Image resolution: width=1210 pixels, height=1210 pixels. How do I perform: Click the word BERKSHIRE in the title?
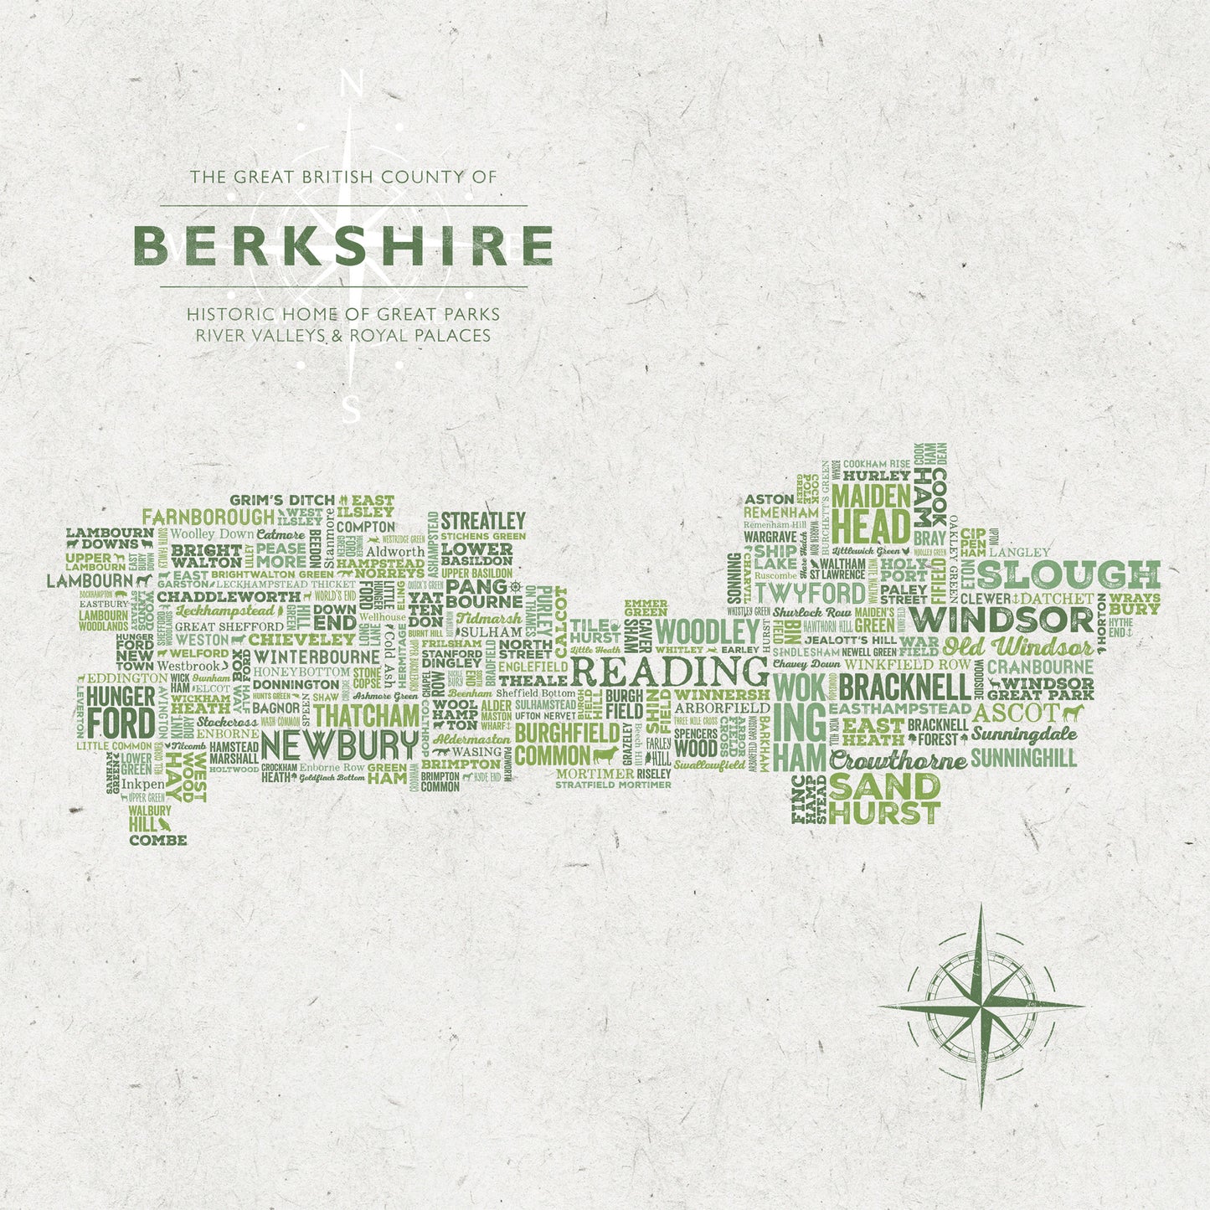pyautogui.click(x=342, y=245)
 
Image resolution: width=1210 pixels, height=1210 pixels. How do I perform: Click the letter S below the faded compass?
pyautogui.click(x=353, y=411)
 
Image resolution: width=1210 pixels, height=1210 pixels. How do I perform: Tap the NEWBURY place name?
pyautogui.click(x=339, y=744)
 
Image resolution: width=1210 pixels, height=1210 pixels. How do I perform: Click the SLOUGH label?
pyautogui.click(x=1068, y=574)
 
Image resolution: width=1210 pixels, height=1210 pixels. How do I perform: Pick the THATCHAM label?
pyautogui.click(x=367, y=716)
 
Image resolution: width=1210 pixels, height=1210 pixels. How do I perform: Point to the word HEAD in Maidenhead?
pyautogui.click(x=871, y=528)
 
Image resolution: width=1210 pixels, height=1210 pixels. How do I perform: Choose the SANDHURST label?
pyautogui.click(x=885, y=800)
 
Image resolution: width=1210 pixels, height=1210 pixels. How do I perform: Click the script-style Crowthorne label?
pyautogui.click(x=898, y=761)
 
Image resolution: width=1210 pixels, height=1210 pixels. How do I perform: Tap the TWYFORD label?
pyautogui.click(x=811, y=594)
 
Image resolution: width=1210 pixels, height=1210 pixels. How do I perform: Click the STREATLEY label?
pyautogui.click(x=483, y=521)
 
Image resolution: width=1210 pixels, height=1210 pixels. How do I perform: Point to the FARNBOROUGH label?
pyautogui.click(x=208, y=517)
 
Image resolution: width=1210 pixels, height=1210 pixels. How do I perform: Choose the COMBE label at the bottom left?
pyautogui.click(x=158, y=840)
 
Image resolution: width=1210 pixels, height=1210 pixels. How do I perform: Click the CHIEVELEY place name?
pyautogui.click(x=290, y=640)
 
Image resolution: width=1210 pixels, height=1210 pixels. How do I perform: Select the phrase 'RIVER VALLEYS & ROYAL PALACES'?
pyautogui.click(x=342, y=335)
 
